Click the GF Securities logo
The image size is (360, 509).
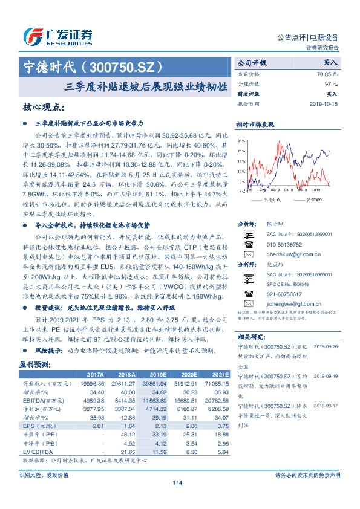[57, 36]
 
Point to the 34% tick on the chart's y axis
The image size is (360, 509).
[241, 140]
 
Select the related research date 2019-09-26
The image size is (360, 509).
[328, 346]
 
